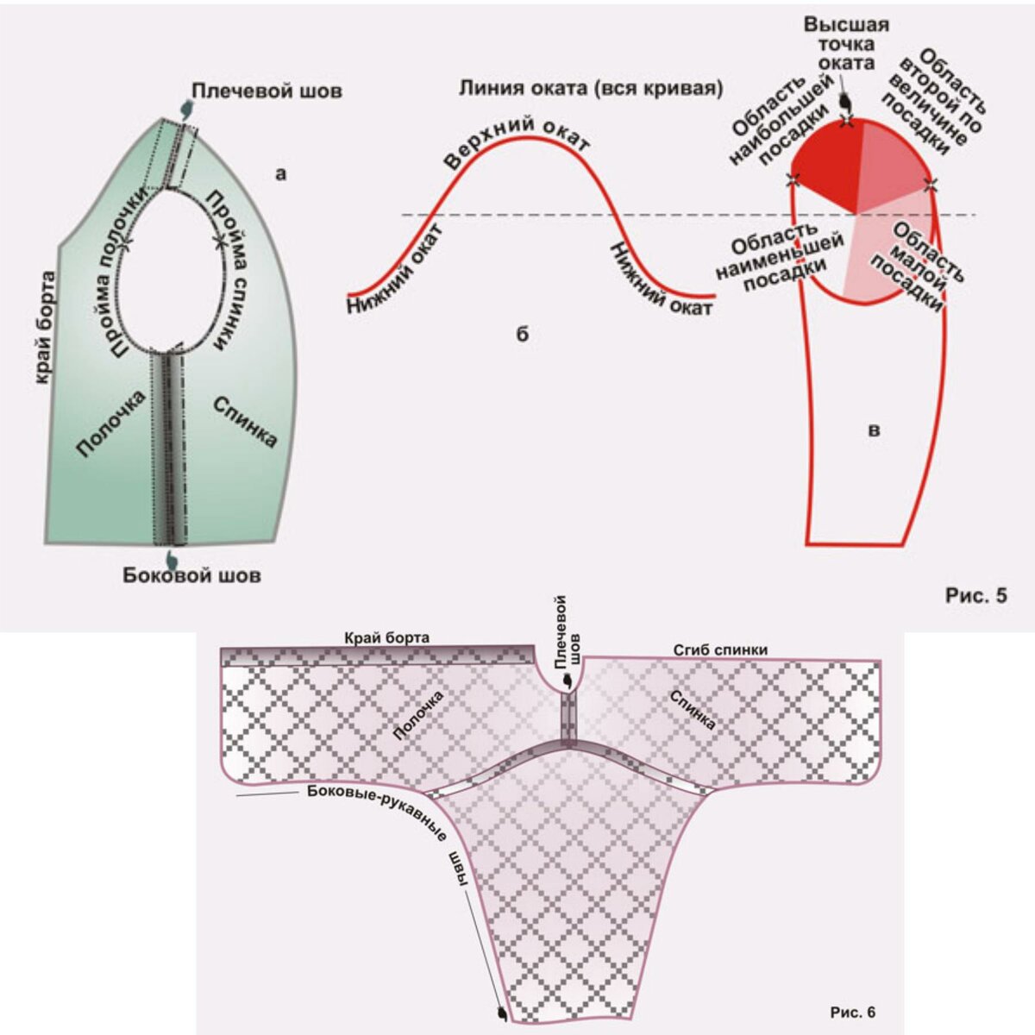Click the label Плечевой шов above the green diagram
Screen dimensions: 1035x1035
point(267,91)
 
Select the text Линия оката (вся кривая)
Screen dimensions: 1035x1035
point(591,88)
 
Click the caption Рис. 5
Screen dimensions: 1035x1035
point(976,595)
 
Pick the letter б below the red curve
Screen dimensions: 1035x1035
point(523,335)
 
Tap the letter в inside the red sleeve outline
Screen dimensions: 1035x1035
point(874,430)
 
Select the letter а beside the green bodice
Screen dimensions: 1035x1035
point(280,174)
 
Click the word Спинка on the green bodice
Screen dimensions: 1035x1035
point(245,421)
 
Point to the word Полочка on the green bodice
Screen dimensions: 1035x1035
point(110,423)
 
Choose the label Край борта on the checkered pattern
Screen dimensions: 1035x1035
point(386,637)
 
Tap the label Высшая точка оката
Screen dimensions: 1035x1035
point(846,43)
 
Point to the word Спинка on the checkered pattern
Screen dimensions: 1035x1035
point(692,710)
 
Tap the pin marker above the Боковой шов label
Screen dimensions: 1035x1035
point(173,558)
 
